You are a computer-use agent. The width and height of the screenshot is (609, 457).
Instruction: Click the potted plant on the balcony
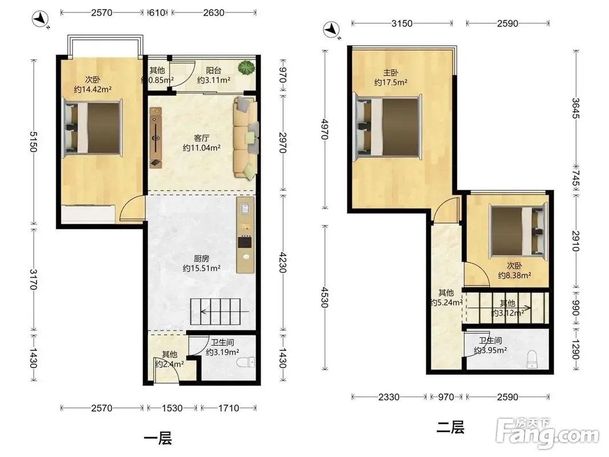tap(246, 69)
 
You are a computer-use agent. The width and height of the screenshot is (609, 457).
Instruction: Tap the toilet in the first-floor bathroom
tap(245, 362)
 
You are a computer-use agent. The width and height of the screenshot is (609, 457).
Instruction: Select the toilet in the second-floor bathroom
tap(532, 359)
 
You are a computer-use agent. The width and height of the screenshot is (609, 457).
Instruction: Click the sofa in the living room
tap(246, 138)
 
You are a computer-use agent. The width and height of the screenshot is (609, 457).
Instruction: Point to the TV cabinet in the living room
tap(156, 138)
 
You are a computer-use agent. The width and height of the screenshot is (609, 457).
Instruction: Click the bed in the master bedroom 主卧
tap(388, 127)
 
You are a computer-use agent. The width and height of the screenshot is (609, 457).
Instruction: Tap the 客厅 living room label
tap(201, 138)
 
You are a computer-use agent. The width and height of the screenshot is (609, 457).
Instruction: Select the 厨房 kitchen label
tap(201, 258)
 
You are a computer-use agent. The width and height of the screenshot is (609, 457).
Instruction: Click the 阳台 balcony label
tap(213, 70)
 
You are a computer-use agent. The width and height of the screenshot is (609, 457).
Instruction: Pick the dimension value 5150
tap(34, 142)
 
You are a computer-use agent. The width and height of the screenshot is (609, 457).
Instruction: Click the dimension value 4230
tap(283, 262)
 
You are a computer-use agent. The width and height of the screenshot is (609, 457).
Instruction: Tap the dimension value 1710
tap(228, 408)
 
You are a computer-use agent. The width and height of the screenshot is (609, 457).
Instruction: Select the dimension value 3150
tap(402, 23)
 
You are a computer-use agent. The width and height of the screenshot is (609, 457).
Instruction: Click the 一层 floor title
tap(158, 439)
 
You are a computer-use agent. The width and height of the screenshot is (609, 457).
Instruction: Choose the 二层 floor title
tap(450, 427)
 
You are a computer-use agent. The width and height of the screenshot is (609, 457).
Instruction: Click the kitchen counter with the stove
tap(245, 234)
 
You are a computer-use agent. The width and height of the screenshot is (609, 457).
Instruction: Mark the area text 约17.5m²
tap(391, 82)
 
